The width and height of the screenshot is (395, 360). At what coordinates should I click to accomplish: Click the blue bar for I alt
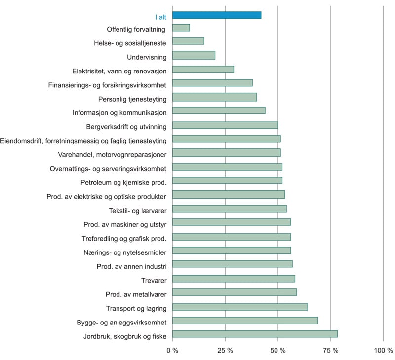click(x=217, y=15)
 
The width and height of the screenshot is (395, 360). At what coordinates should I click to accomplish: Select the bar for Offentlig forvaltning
click(x=181, y=28)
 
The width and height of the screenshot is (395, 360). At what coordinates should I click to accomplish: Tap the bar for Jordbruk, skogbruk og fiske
click(x=255, y=334)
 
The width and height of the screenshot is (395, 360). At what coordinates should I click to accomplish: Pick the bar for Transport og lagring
click(x=240, y=307)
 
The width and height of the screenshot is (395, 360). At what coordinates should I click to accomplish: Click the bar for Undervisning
click(x=194, y=55)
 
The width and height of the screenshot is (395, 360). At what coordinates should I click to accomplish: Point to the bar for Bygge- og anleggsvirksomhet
click(x=245, y=321)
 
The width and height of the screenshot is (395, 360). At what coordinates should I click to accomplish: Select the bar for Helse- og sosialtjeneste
click(x=188, y=41)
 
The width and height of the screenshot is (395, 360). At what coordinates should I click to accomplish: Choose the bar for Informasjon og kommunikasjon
click(x=219, y=111)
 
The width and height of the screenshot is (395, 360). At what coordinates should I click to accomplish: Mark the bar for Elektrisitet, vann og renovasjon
click(x=203, y=70)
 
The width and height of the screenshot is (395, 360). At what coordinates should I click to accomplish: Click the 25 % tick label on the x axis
click(x=225, y=351)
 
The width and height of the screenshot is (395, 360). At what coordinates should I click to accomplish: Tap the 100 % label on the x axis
click(x=383, y=351)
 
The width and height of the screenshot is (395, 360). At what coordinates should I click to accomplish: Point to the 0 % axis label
click(x=172, y=351)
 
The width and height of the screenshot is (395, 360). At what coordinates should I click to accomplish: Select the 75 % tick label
click(x=330, y=351)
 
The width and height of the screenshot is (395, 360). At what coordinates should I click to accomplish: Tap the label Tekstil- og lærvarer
click(x=137, y=211)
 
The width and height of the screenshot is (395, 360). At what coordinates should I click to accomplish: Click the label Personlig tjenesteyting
click(x=132, y=99)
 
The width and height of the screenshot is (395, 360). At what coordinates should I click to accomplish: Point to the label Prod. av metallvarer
click(x=136, y=294)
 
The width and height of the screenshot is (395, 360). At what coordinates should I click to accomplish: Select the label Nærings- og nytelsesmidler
click(x=125, y=252)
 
